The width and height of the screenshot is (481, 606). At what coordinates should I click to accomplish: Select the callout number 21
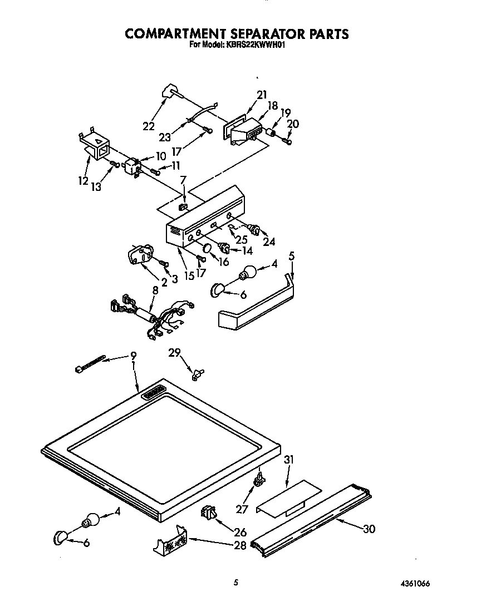tap(262, 95)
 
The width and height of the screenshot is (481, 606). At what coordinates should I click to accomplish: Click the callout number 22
tap(148, 126)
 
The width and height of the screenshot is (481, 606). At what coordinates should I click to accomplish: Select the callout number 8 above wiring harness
tap(155, 289)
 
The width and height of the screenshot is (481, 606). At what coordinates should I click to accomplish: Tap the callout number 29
tap(174, 353)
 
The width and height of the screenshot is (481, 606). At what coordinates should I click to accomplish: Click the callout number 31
tap(288, 460)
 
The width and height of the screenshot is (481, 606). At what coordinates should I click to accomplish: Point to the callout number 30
tap(368, 529)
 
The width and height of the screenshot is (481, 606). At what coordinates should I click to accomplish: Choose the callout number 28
tap(240, 545)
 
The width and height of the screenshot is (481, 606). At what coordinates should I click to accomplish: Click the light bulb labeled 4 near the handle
tap(248, 273)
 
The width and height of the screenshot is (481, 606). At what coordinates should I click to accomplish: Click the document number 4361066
tap(414, 584)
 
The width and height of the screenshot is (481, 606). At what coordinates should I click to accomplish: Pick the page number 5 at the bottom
tap(236, 583)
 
